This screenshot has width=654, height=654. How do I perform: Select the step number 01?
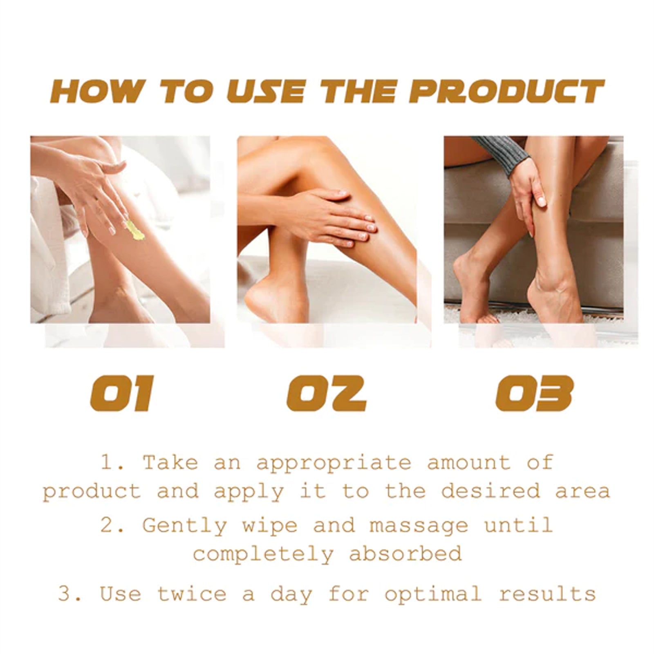pos(121,393)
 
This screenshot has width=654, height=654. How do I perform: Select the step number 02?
pos(326,393)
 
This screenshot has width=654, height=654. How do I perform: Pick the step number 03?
pos(534,393)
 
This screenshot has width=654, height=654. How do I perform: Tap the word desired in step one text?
pos(490,491)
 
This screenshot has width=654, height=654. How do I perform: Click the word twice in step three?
pos(192,594)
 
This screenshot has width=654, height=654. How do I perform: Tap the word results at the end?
pos(547,594)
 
